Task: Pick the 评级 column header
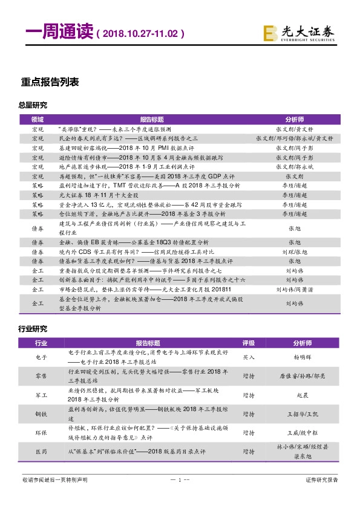pyautogui.click(x=249, y=343)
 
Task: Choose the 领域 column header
pyautogui.click(x=38, y=120)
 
